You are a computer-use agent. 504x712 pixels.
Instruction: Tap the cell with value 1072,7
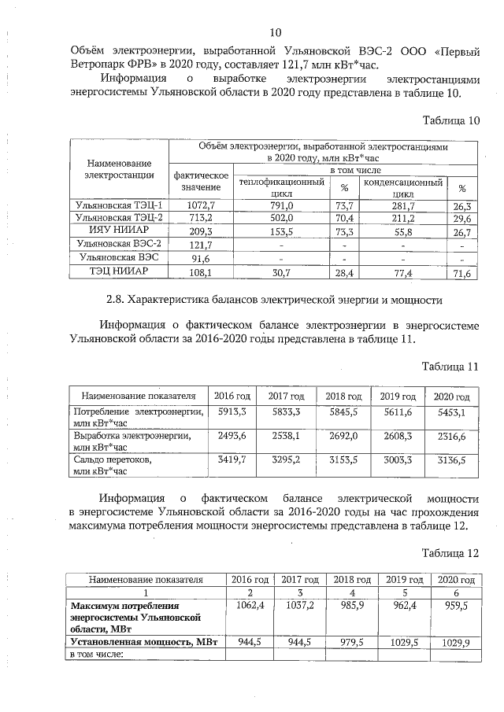(201, 205)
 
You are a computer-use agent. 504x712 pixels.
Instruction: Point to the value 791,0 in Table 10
(281, 205)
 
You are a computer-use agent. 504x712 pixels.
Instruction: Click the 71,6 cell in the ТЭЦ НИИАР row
(462, 274)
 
